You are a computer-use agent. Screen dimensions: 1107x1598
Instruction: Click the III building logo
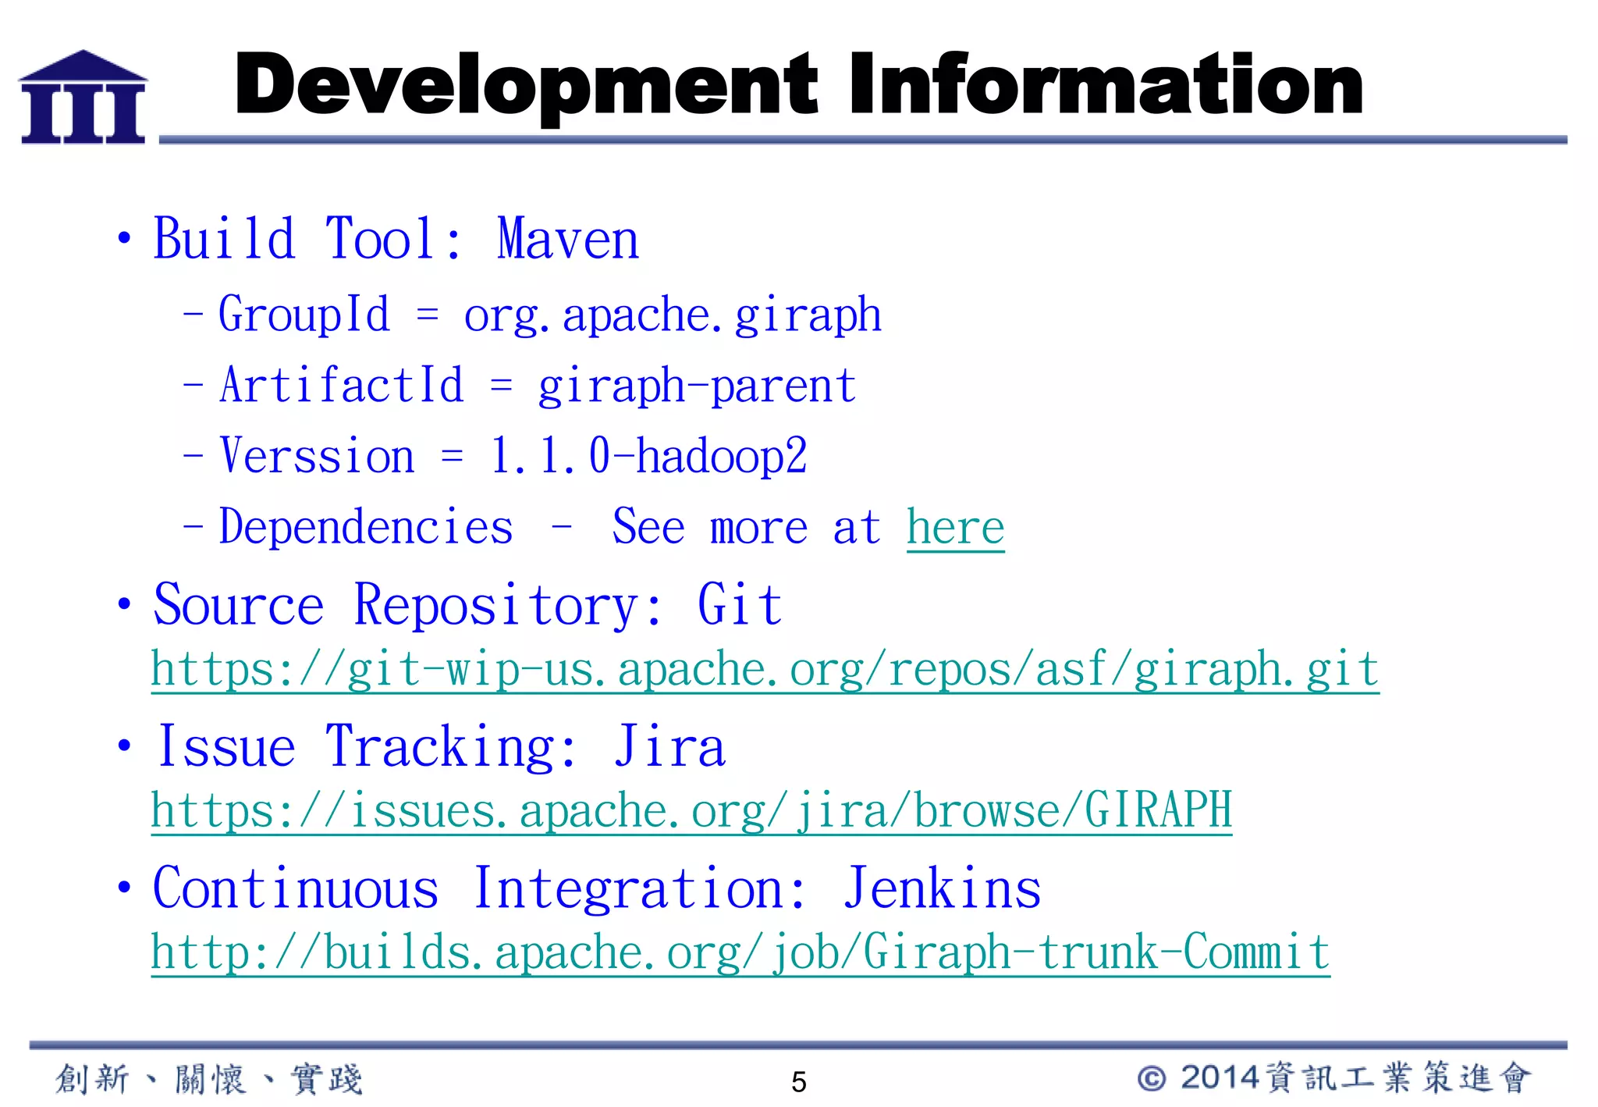(83, 98)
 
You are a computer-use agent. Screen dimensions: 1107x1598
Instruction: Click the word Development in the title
(525, 84)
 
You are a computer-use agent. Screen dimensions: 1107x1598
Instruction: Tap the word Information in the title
(1106, 84)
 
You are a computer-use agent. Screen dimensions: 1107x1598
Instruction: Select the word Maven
(568, 239)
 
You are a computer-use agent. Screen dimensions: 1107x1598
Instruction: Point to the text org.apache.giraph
(672, 315)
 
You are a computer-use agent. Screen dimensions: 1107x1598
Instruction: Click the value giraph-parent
(697, 386)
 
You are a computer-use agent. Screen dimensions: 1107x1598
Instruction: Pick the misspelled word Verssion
(317, 456)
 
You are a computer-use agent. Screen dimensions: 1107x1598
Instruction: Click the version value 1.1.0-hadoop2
(648, 456)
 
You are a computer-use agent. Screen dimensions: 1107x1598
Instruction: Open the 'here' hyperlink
(955, 528)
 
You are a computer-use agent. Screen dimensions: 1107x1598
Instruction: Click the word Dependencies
(366, 527)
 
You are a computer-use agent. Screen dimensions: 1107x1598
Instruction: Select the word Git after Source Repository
(739, 605)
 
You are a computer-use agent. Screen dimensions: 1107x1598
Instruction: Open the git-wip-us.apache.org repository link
(765, 670)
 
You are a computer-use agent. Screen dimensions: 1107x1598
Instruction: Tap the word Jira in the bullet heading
(669, 747)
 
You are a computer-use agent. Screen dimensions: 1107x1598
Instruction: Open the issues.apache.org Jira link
(691, 811)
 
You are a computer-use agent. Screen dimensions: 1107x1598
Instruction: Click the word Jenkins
(942, 888)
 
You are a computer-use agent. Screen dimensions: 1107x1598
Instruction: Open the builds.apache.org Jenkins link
(740, 952)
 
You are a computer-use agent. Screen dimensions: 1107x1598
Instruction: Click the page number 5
(798, 1082)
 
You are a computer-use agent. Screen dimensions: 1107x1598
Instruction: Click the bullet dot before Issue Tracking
(124, 746)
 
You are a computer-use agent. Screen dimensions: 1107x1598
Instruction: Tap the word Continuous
(296, 888)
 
